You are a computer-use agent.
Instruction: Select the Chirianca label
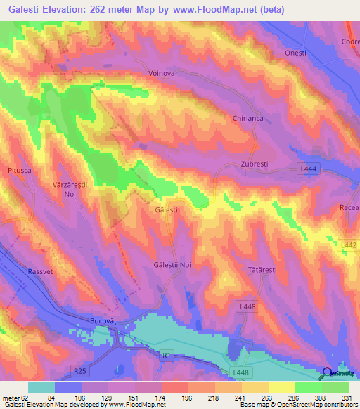(247, 119)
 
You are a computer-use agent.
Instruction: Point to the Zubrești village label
(255, 163)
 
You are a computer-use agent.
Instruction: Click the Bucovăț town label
(111, 319)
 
